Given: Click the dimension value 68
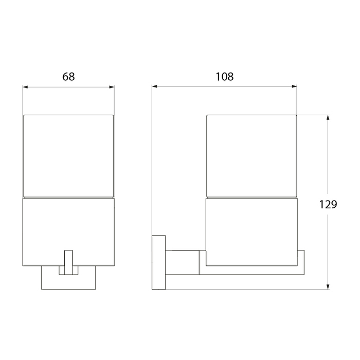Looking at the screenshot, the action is [x=68, y=77].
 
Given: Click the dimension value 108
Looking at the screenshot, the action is [x=225, y=77].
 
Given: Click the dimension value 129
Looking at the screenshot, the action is [x=328, y=204].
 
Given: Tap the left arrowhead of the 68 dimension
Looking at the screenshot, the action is [x=25, y=87].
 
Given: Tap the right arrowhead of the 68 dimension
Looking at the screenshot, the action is [x=112, y=87].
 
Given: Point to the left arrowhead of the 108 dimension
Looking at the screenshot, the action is [x=154, y=86].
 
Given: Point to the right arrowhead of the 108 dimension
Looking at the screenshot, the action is [x=294, y=86].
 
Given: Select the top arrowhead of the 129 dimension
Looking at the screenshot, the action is [x=328, y=117].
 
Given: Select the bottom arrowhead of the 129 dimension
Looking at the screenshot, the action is [x=328, y=287].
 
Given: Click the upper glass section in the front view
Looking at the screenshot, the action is [x=68, y=156].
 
